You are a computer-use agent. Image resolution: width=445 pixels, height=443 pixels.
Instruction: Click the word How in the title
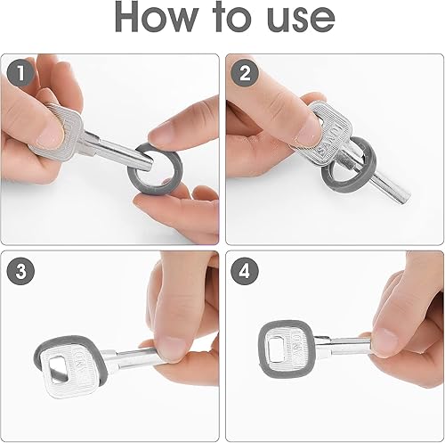pos(157,17)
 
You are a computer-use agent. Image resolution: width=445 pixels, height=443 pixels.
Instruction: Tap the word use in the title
pos(301,21)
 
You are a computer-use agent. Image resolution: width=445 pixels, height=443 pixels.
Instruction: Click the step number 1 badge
pos(20,73)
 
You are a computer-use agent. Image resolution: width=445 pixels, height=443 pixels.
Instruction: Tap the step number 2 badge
pos(245,73)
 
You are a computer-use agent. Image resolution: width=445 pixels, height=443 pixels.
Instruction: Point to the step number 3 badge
pos(20,271)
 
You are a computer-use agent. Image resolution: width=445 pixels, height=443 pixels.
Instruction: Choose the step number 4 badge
pos(245,271)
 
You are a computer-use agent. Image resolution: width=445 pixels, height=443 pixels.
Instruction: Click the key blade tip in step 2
pos(405,199)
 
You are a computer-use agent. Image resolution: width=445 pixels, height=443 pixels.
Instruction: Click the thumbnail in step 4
pos(385,341)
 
